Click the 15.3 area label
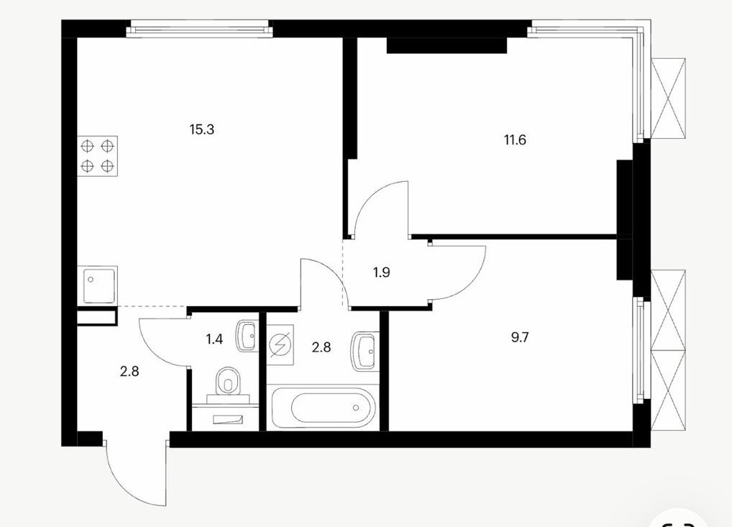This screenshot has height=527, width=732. (x=201, y=129)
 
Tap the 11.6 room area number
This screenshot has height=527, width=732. (x=515, y=139)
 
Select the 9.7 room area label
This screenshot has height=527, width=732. (x=520, y=337)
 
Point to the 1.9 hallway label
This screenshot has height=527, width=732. (x=381, y=272)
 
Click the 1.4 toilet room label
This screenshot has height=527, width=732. (x=214, y=339)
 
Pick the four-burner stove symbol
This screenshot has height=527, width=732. (x=97, y=156)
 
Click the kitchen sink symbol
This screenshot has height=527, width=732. (x=97, y=285)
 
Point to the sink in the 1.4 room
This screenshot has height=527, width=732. (x=247, y=335)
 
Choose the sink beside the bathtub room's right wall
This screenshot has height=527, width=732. (x=362, y=351)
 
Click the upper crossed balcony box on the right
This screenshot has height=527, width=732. (x=669, y=98)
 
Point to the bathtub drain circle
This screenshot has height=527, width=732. (x=356, y=408)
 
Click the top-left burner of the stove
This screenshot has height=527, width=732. (x=87, y=146)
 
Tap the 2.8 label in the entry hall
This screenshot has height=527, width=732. (x=129, y=372)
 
